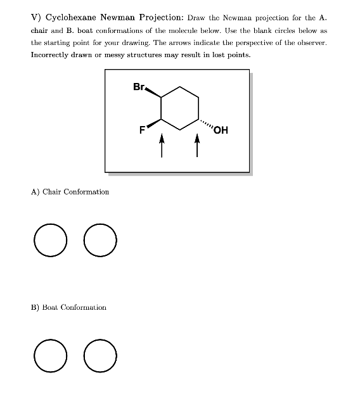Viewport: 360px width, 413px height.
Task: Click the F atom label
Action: click(x=143, y=131)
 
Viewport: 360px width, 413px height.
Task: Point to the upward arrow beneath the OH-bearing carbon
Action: click(x=198, y=147)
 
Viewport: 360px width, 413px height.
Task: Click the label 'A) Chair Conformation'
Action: click(x=70, y=192)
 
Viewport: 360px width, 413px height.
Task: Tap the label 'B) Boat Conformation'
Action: click(x=68, y=307)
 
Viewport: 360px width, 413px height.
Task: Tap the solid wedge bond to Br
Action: click(x=153, y=92)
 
